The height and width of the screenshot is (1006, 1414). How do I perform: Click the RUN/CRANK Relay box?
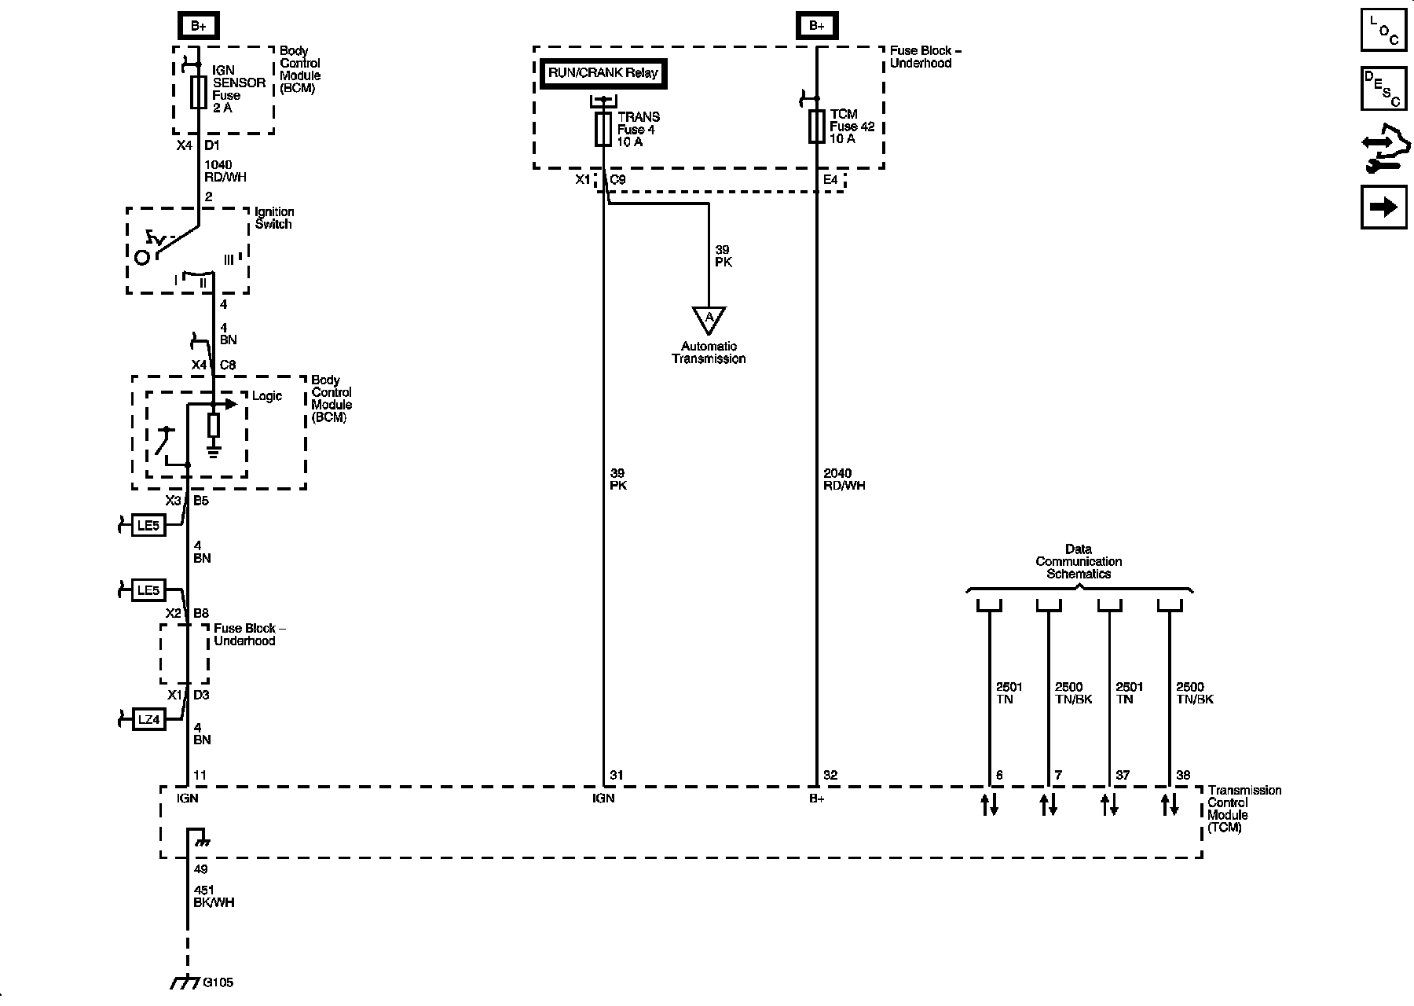[x=603, y=73]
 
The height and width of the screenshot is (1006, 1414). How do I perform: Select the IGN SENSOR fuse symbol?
[x=199, y=92]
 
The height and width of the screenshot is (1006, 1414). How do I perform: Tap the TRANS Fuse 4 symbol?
[x=603, y=128]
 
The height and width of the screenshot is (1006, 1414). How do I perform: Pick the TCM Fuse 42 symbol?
[x=817, y=126]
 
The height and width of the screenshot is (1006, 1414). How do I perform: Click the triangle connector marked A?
[x=709, y=319]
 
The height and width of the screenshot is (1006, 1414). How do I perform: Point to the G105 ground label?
[x=218, y=982]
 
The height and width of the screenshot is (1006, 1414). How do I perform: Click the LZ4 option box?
[x=148, y=719]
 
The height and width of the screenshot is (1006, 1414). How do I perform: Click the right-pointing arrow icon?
[x=1383, y=207]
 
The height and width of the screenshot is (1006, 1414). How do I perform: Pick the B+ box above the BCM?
[x=199, y=26]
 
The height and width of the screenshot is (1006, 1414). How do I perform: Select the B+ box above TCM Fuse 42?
[x=817, y=26]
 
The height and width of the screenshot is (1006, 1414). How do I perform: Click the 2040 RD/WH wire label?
[x=844, y=479]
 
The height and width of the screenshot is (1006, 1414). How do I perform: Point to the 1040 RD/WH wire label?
[x=225, y=171]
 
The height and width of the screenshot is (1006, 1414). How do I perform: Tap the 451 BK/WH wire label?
[x=214, y=896]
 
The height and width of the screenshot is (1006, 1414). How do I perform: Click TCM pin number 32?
[x=830, y=775]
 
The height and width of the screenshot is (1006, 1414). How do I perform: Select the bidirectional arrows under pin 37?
[x=1108, y=805]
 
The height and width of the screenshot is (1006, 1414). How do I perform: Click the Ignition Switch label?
[x=273, y=218]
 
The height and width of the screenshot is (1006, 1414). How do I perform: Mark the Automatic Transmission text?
[x=709, y=352]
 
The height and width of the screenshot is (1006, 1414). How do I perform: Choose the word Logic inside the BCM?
[x=267, y=396]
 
